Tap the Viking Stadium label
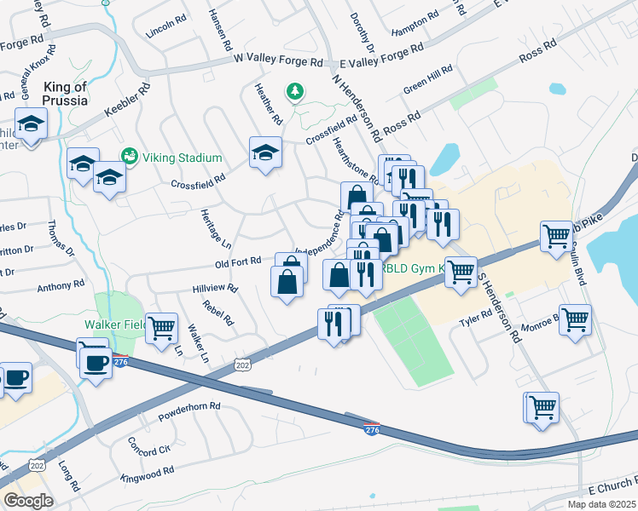[x=182, y=158]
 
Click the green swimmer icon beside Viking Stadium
[x=130, y=156]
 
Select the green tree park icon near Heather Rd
[x=295, y=90]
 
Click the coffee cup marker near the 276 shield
[x=95, y=364]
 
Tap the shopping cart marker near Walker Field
[x=161, y=328]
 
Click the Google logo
[x=28, y=501]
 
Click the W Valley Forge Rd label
[x=279, y=61]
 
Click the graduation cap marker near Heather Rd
[x=265, y=152]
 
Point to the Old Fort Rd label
[x=238, y=262]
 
